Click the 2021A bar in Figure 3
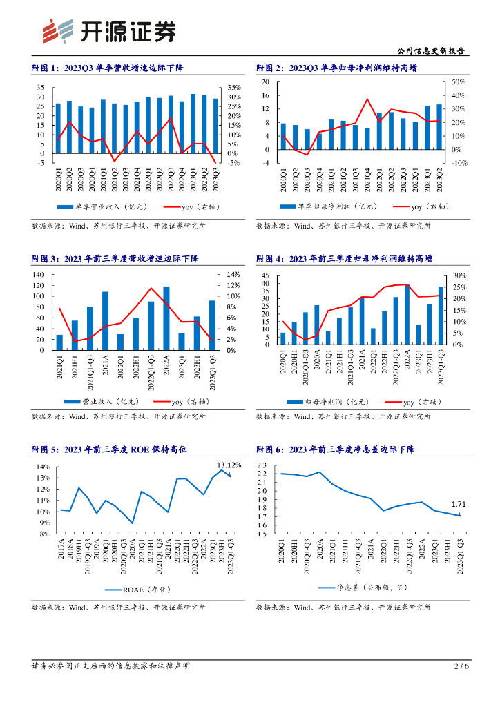pos(105,320)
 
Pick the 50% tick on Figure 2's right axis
pos(459,81)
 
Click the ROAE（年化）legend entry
pos(137,589)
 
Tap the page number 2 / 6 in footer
pos(461,666)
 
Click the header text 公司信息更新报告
pos(432,51)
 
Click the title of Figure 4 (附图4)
pos(344,258)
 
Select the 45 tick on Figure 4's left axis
pos(265,276)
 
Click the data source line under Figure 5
pos(118,608)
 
